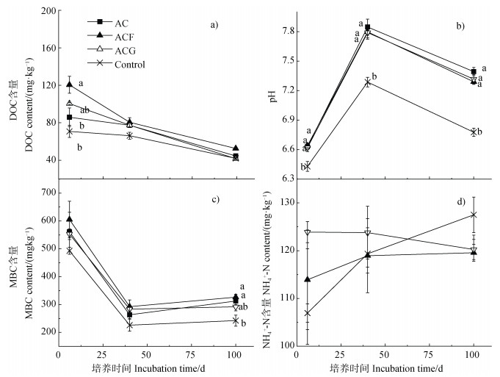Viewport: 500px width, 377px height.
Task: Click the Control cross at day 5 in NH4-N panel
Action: click(x=307, y=313)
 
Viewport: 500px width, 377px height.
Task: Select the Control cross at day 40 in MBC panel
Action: click(x=129, y=326)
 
